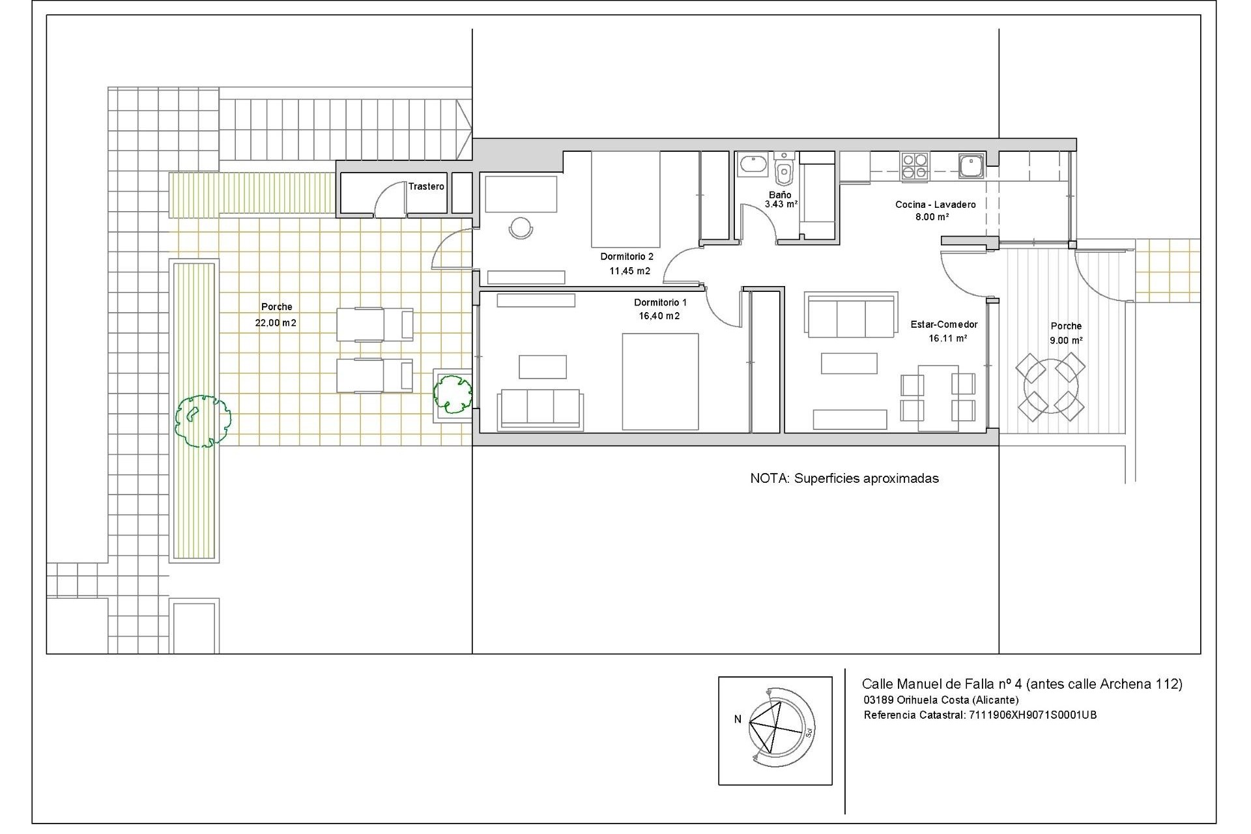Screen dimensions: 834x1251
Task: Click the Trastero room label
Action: [426, 186]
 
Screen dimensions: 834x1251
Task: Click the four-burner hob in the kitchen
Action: [915, 166]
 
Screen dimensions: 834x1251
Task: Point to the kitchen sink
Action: [971, 166]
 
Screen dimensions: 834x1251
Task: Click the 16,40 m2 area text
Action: [659, 316]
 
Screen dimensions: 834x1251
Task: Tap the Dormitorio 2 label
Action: [626, 257]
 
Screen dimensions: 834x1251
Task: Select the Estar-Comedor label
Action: [943, 324]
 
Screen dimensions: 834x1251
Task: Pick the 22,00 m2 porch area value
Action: [276, 323]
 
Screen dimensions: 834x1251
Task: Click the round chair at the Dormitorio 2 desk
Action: [521, 228]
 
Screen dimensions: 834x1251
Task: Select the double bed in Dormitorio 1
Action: [659, 382]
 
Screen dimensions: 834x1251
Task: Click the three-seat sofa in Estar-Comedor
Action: [850, 315]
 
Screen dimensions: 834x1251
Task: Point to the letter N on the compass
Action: [738, 720]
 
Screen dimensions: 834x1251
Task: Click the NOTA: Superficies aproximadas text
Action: [844, 479]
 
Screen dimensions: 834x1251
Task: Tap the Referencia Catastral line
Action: [980, 715]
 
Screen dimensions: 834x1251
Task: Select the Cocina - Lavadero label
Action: [935, 205]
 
